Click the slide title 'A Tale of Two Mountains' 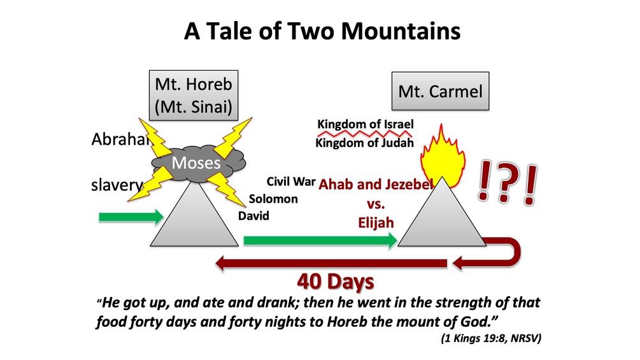tap(322, 31)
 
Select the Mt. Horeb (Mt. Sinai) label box tap(194, 95)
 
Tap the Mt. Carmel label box tap(441, 91)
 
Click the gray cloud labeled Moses tap(198, 163)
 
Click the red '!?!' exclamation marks tap(508, 183)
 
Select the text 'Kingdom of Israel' tap(366, 124)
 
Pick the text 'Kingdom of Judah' tap(364, 143)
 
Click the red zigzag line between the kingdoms tap(365, 133)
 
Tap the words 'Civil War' tap(291, 181)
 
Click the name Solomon tap(273, 199)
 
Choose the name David tap(253, 215)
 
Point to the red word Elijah tap(376, 222)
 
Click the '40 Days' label tap(336, 282)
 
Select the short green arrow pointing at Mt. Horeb tap(131, 217)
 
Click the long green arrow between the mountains tap(320, 240)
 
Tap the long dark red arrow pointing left tap(331, 263)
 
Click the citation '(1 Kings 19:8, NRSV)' tap(491, 338)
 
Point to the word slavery tap(117, 185)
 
